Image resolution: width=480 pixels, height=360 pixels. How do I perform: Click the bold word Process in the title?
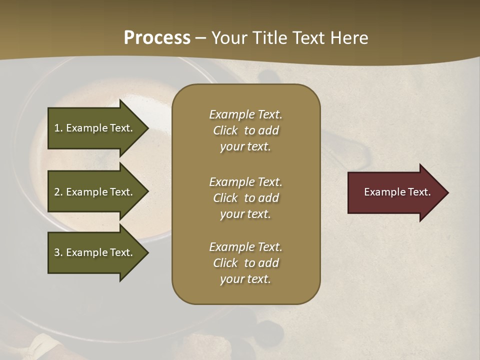pos(157,38)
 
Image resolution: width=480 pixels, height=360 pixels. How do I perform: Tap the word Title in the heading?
pos(270,38)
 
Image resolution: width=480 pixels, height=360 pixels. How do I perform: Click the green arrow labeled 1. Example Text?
pos(95,128)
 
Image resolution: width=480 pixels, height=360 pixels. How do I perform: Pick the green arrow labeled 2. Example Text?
pos(95,192)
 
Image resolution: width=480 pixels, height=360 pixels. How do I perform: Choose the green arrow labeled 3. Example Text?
pos(95,252)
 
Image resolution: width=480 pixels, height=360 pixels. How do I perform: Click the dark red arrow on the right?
pos(395,192)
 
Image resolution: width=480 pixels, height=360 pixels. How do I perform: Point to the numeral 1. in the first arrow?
pos(58,128)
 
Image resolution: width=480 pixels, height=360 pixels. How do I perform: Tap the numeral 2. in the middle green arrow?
pos(58,192)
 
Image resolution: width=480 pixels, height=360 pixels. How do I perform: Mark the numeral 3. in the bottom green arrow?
pos(58,252)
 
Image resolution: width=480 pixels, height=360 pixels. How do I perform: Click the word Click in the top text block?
pos(225,130)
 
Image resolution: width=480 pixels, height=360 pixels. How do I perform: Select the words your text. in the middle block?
pos(245,214)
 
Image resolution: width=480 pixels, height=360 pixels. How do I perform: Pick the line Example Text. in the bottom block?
pos(245,247)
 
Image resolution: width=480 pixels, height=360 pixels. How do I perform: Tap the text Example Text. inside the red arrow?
pos(397,192)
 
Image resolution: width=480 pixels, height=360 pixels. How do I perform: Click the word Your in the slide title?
pos(230,38)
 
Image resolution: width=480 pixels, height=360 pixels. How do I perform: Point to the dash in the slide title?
pos(201,38)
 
